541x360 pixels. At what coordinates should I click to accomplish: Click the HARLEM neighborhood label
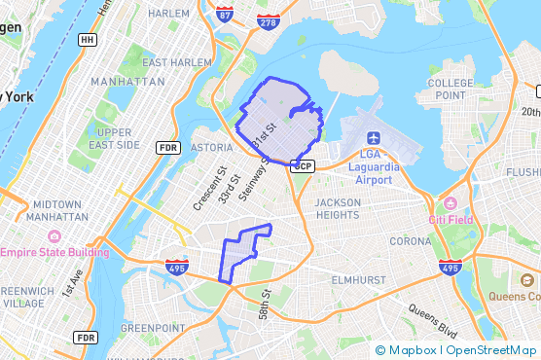coord(168,14)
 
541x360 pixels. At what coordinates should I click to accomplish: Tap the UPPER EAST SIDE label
coord(114,138)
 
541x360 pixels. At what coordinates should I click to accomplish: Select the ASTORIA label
coord(211,147)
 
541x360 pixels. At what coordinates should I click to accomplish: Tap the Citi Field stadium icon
coord(449,204)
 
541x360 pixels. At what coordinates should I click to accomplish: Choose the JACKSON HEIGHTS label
coord(338,208)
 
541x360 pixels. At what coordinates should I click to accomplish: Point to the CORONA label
coord(410,240)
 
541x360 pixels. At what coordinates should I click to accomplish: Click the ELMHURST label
coord(359,278)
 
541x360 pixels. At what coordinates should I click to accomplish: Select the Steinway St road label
coord(252,175)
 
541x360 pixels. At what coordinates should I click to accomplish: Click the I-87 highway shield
coord(225,16)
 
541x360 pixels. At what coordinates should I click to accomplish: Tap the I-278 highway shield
coord(268,20)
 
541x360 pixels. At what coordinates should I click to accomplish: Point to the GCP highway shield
coord(304,165)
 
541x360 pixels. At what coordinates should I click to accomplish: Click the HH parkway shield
coord(89,40)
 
